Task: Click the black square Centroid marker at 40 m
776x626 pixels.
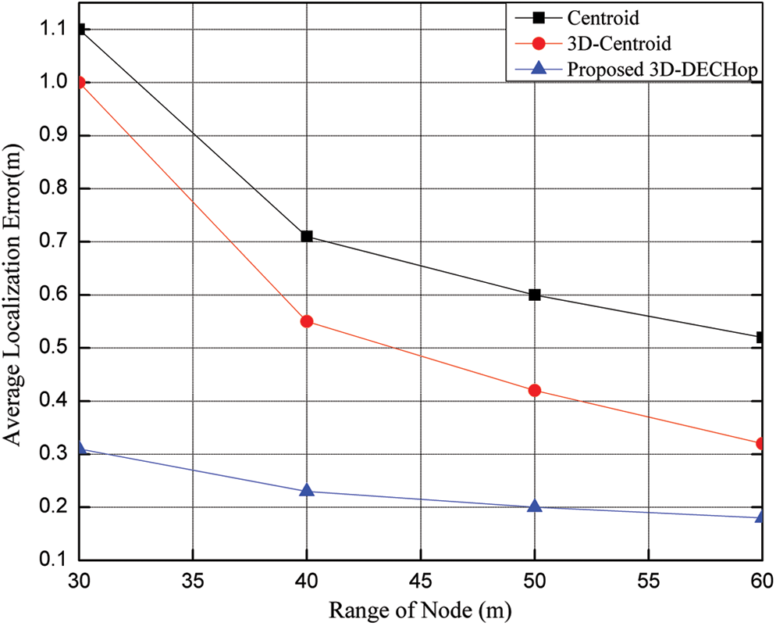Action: tap(307, 236)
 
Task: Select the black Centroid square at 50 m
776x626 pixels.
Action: tap(535, 295)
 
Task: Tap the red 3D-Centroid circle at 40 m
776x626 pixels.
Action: tap(307, 321)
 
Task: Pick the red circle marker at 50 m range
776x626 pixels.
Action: tap(535, 390)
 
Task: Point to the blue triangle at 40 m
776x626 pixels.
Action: tap(307, 491)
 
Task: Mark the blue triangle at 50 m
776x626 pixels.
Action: tap(535, 506)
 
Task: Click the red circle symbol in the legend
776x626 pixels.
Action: tap(538, 42)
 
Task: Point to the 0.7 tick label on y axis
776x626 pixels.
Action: tap(54, 242)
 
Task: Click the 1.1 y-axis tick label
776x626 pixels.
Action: tap(54, 30)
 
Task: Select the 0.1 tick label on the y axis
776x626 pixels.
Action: tap(54, 560)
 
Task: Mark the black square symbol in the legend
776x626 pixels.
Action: tap(538, 17)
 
